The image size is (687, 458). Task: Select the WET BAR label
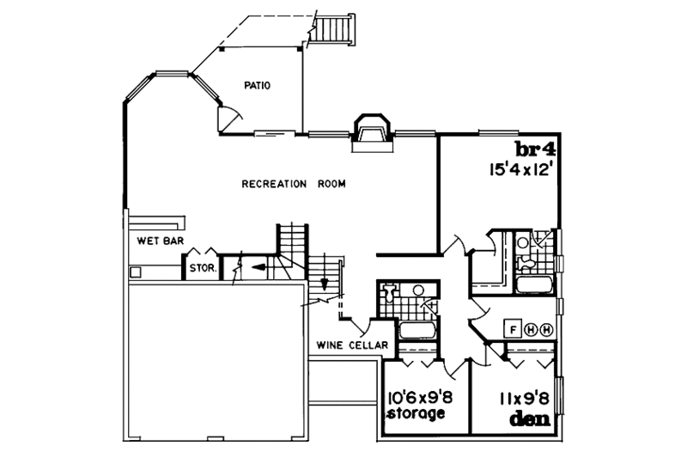155,241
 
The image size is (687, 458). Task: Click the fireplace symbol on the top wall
372,131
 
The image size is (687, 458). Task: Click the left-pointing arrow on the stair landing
259,268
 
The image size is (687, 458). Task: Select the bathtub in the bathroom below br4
534,284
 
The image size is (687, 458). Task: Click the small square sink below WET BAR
134,272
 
